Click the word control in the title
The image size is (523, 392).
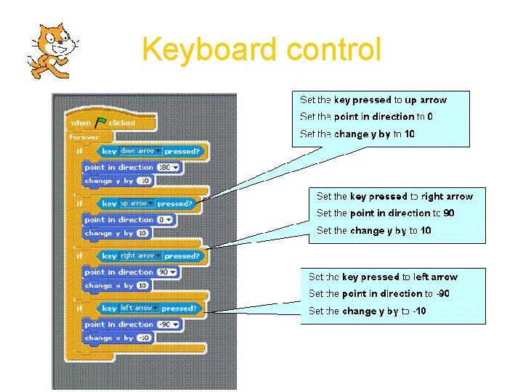coord(333,50)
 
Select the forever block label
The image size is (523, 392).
coord(84,137)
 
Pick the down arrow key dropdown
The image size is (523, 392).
coord(139,151)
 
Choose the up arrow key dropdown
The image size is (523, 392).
coord(136,204)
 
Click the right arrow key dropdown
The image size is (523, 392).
coord(139,256)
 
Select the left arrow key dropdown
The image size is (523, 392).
coord(137,308)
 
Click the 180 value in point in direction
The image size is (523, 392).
coord(167,167)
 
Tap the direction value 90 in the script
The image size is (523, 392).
coord(168,271)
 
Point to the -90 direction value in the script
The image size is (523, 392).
coord(168,324)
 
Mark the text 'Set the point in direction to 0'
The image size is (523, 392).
coord(366,117)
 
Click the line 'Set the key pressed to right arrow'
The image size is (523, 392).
coord(394,196)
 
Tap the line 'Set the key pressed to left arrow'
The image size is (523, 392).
coord(383,277)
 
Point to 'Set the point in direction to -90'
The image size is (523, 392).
coord(378,293)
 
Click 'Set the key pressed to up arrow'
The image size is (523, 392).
coord(373,100)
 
